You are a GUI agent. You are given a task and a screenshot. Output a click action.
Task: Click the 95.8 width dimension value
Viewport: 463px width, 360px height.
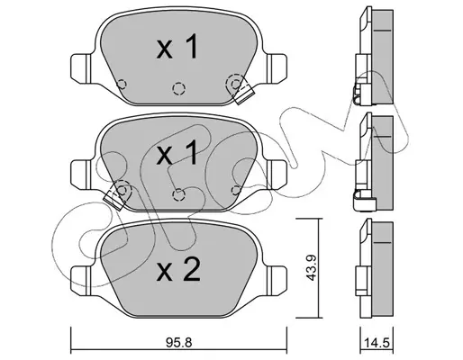pyautogui.click(x=178, y=342)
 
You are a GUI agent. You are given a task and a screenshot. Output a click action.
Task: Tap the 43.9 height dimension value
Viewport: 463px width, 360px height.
pyautogui.click(x=310, y=267)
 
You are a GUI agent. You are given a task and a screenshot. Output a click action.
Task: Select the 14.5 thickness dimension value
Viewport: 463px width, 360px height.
pyautogui.click(x=377, y=342)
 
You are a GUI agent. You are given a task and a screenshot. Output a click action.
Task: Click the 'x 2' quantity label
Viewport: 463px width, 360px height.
pyautogui.click(x=178, y=269)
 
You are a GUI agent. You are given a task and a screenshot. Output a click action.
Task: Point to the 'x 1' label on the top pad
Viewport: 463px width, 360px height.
pyautogui.click(x=177, y=47)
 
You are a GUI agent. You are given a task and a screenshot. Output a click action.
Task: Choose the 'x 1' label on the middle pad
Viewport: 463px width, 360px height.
pyautogui.click(x=177, y=152)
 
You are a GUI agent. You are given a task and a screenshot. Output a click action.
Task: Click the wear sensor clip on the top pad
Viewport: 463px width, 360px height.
pyautogui.click(x=244, y=94)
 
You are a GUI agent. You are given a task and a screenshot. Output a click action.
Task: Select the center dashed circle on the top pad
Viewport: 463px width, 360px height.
pyautogui.click(x=178, y=88)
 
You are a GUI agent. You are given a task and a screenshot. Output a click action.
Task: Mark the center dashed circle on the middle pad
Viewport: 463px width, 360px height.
pyautogui.click(x=178, y=194)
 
